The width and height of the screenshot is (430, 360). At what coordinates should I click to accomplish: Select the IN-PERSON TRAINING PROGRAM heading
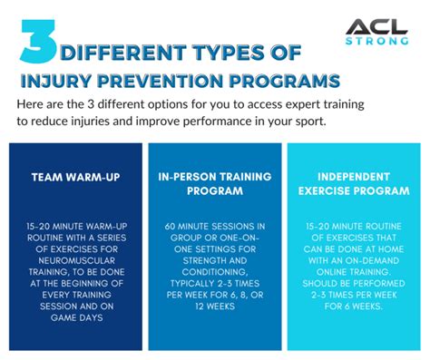point(214,185)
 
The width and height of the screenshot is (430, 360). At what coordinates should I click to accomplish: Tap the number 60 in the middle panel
point(171,225)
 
